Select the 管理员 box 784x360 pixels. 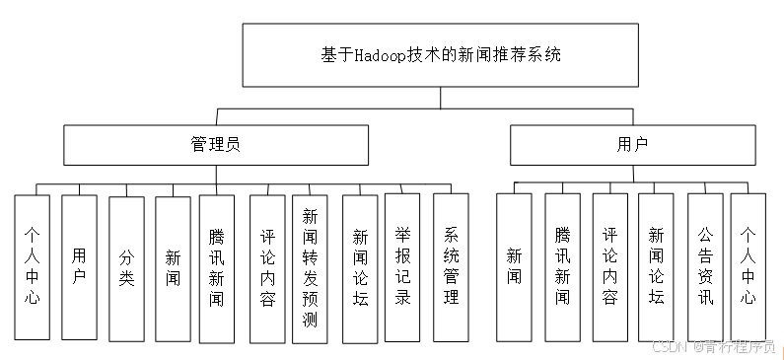pyautogui.click(x=215, y=144)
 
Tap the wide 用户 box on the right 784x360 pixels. pyautogui.click(x=632, y=144)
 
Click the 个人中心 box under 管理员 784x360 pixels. pyautogui.click(x=32, y=266)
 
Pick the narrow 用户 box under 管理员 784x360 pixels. pyautogui.click(x=79, y=266)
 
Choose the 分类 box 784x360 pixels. pyautogui.click(x=126, y=268)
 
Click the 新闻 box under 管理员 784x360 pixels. pyautogui.click(x=173, y=268)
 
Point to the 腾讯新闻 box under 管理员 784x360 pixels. pyautogui.click(x=217, y=266)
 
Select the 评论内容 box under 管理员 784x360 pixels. pyautogui.click(x=267, y=267)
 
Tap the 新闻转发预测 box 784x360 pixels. pyautogui.click(x=310, y=267)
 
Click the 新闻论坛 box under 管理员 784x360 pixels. pyautogui.click(x=360, y=267)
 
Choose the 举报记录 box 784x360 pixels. pyautogui.click(x=402, y=267)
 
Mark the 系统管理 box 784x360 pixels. pyautogui.click(x=451, y=267)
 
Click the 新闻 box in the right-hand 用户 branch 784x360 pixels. pyautogui.click(x=514, y=266)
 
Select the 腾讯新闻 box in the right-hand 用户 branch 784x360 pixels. pyautogui.click(x=562, y=266)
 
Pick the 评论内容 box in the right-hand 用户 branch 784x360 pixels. pyautogui.click(x=609, y=266)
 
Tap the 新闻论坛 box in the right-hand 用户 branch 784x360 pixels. pyautogui.click(x=656, y=266)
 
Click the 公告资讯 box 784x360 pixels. pyautogui.click(x=705, y=266)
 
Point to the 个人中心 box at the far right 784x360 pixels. pyautogui.click(x=748, y=266)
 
